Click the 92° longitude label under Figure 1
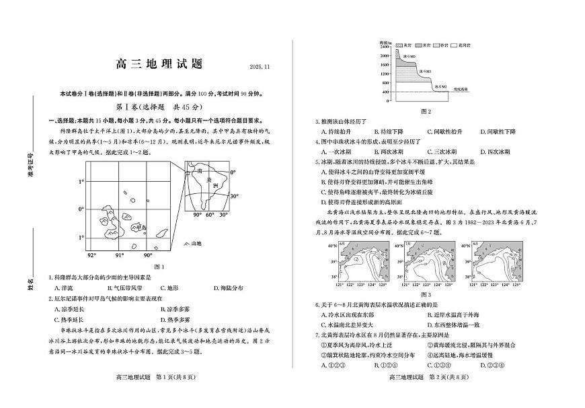[91, 255]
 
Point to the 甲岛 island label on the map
[140, 228]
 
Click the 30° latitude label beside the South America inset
[234, 197]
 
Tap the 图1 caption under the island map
[159, 267]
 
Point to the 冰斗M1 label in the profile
[426, 69]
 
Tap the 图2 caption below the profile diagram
[425, 111]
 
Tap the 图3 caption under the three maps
[425, 294]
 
